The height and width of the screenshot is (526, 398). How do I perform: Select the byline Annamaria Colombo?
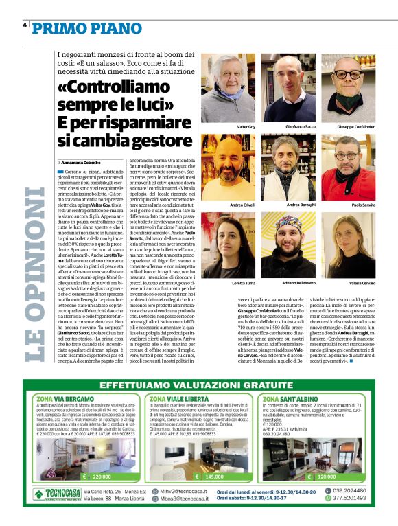(x=86, y=161)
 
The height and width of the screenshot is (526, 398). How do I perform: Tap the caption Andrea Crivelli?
(x=242, y=205)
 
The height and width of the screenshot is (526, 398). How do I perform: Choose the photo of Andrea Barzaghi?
(x=299, y=165)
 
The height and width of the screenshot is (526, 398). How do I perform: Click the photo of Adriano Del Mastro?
(x=299, y=242)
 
